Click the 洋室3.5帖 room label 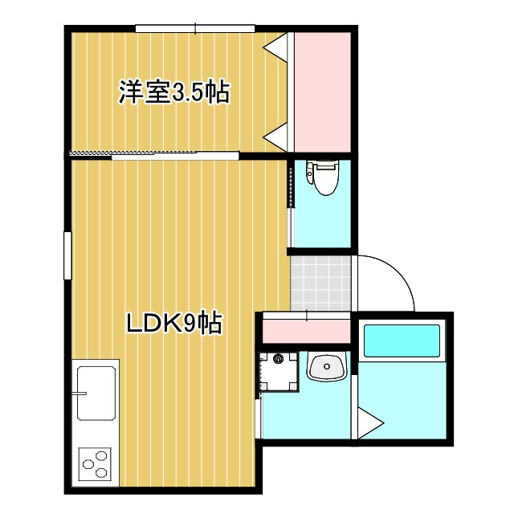pyautogui.click(x=174, y=92)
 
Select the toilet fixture pyautogui.click(x=324, y=177)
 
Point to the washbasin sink pyautogui.click(x=326, y=368)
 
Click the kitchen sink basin pyautogui.click(x=95, y=393)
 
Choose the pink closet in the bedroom pyautogui.click(x=320, y=90)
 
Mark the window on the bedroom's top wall pyautogui.click(x=196, y=31)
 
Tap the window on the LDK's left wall pyautogui.click(x=68, y=255)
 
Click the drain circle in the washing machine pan pyautogui.click(x=279, y=359)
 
